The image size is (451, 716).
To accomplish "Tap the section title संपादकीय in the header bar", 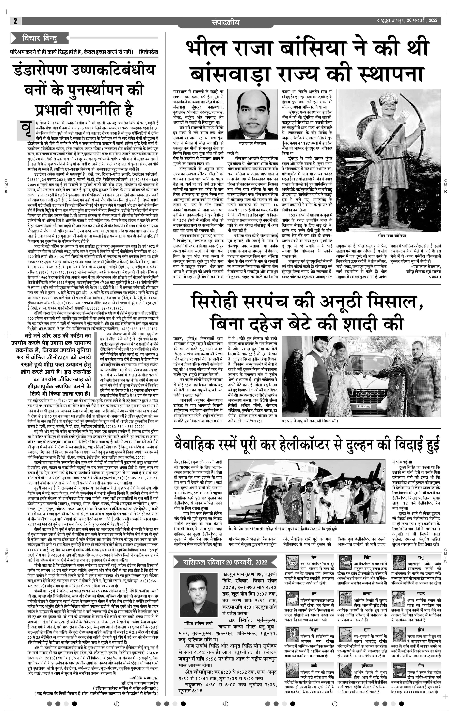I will pyautogui.click(x=225, y=22).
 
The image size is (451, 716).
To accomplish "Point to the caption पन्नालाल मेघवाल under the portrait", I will pyautogui.click(x=252, y=143).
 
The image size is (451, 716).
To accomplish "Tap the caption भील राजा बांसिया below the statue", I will pyautogui.click(x=392, y=236).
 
